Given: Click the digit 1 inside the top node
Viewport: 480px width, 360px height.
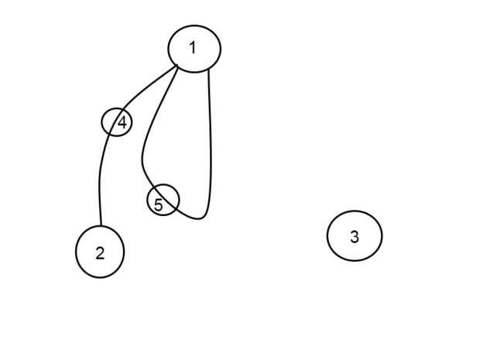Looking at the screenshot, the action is tap(192, 48).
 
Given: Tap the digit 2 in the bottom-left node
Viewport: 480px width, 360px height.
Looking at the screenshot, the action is tap(100, 253).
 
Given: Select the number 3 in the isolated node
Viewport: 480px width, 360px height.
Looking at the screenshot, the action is tap(355, 237).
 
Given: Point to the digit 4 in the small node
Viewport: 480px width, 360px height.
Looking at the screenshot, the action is tap(122, 122).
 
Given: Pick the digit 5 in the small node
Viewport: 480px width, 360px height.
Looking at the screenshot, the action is tap(159, 205).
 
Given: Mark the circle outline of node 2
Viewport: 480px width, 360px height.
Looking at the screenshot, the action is tap(76, 252).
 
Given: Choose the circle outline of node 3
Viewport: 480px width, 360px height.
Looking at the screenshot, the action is tap(327, 235).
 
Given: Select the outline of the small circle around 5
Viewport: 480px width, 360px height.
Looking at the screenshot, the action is tap(178, 200).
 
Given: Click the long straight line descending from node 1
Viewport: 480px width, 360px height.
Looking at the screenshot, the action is tap(211, 139).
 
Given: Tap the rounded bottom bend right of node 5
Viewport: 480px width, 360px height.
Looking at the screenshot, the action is tap(200, 218).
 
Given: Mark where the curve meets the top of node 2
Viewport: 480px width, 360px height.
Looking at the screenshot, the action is tap(101, 227).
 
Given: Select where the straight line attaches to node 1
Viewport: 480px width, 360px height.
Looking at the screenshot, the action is tap(208, 70).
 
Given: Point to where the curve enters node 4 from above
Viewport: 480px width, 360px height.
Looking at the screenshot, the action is tap(125, 109).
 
